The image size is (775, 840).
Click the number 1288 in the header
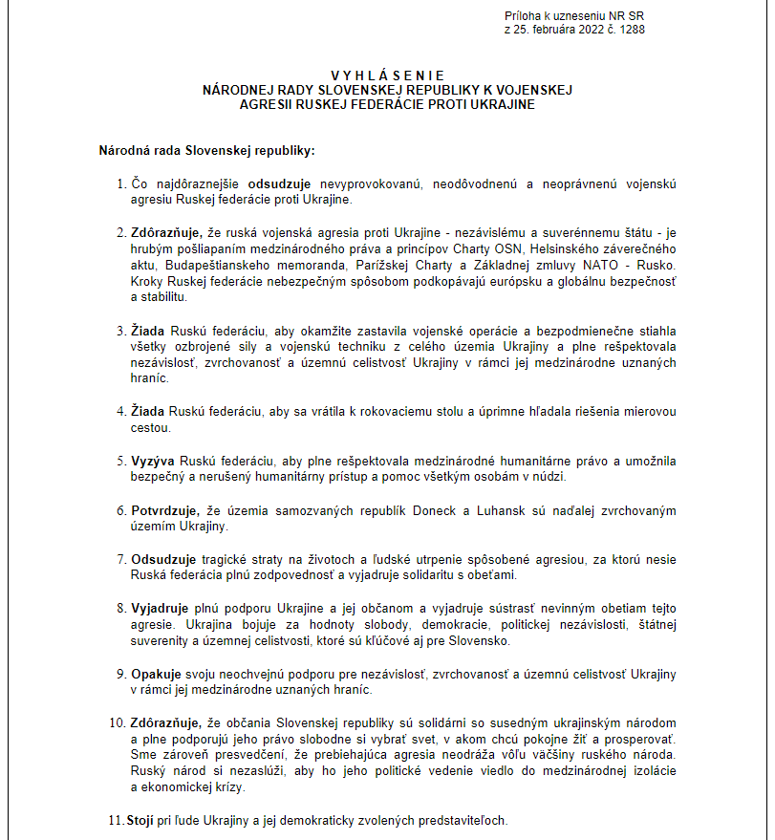[632, 31]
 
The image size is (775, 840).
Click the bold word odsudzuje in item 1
[280, 183]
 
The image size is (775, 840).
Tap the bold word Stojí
[141, 821]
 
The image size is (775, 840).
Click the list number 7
[121, 558]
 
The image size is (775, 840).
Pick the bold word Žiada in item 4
[148, 411]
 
